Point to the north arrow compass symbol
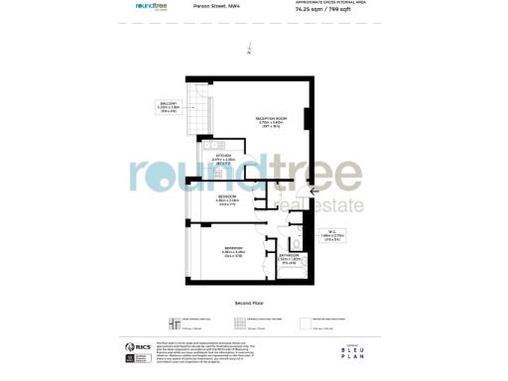pyautogui.click(x=252, y=47)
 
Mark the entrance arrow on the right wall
pyautogui.click(x=316, y=190)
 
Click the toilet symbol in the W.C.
pyautogui.click(x=297, y=242)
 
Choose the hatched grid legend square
pyautogui.click(x=240, y=321)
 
